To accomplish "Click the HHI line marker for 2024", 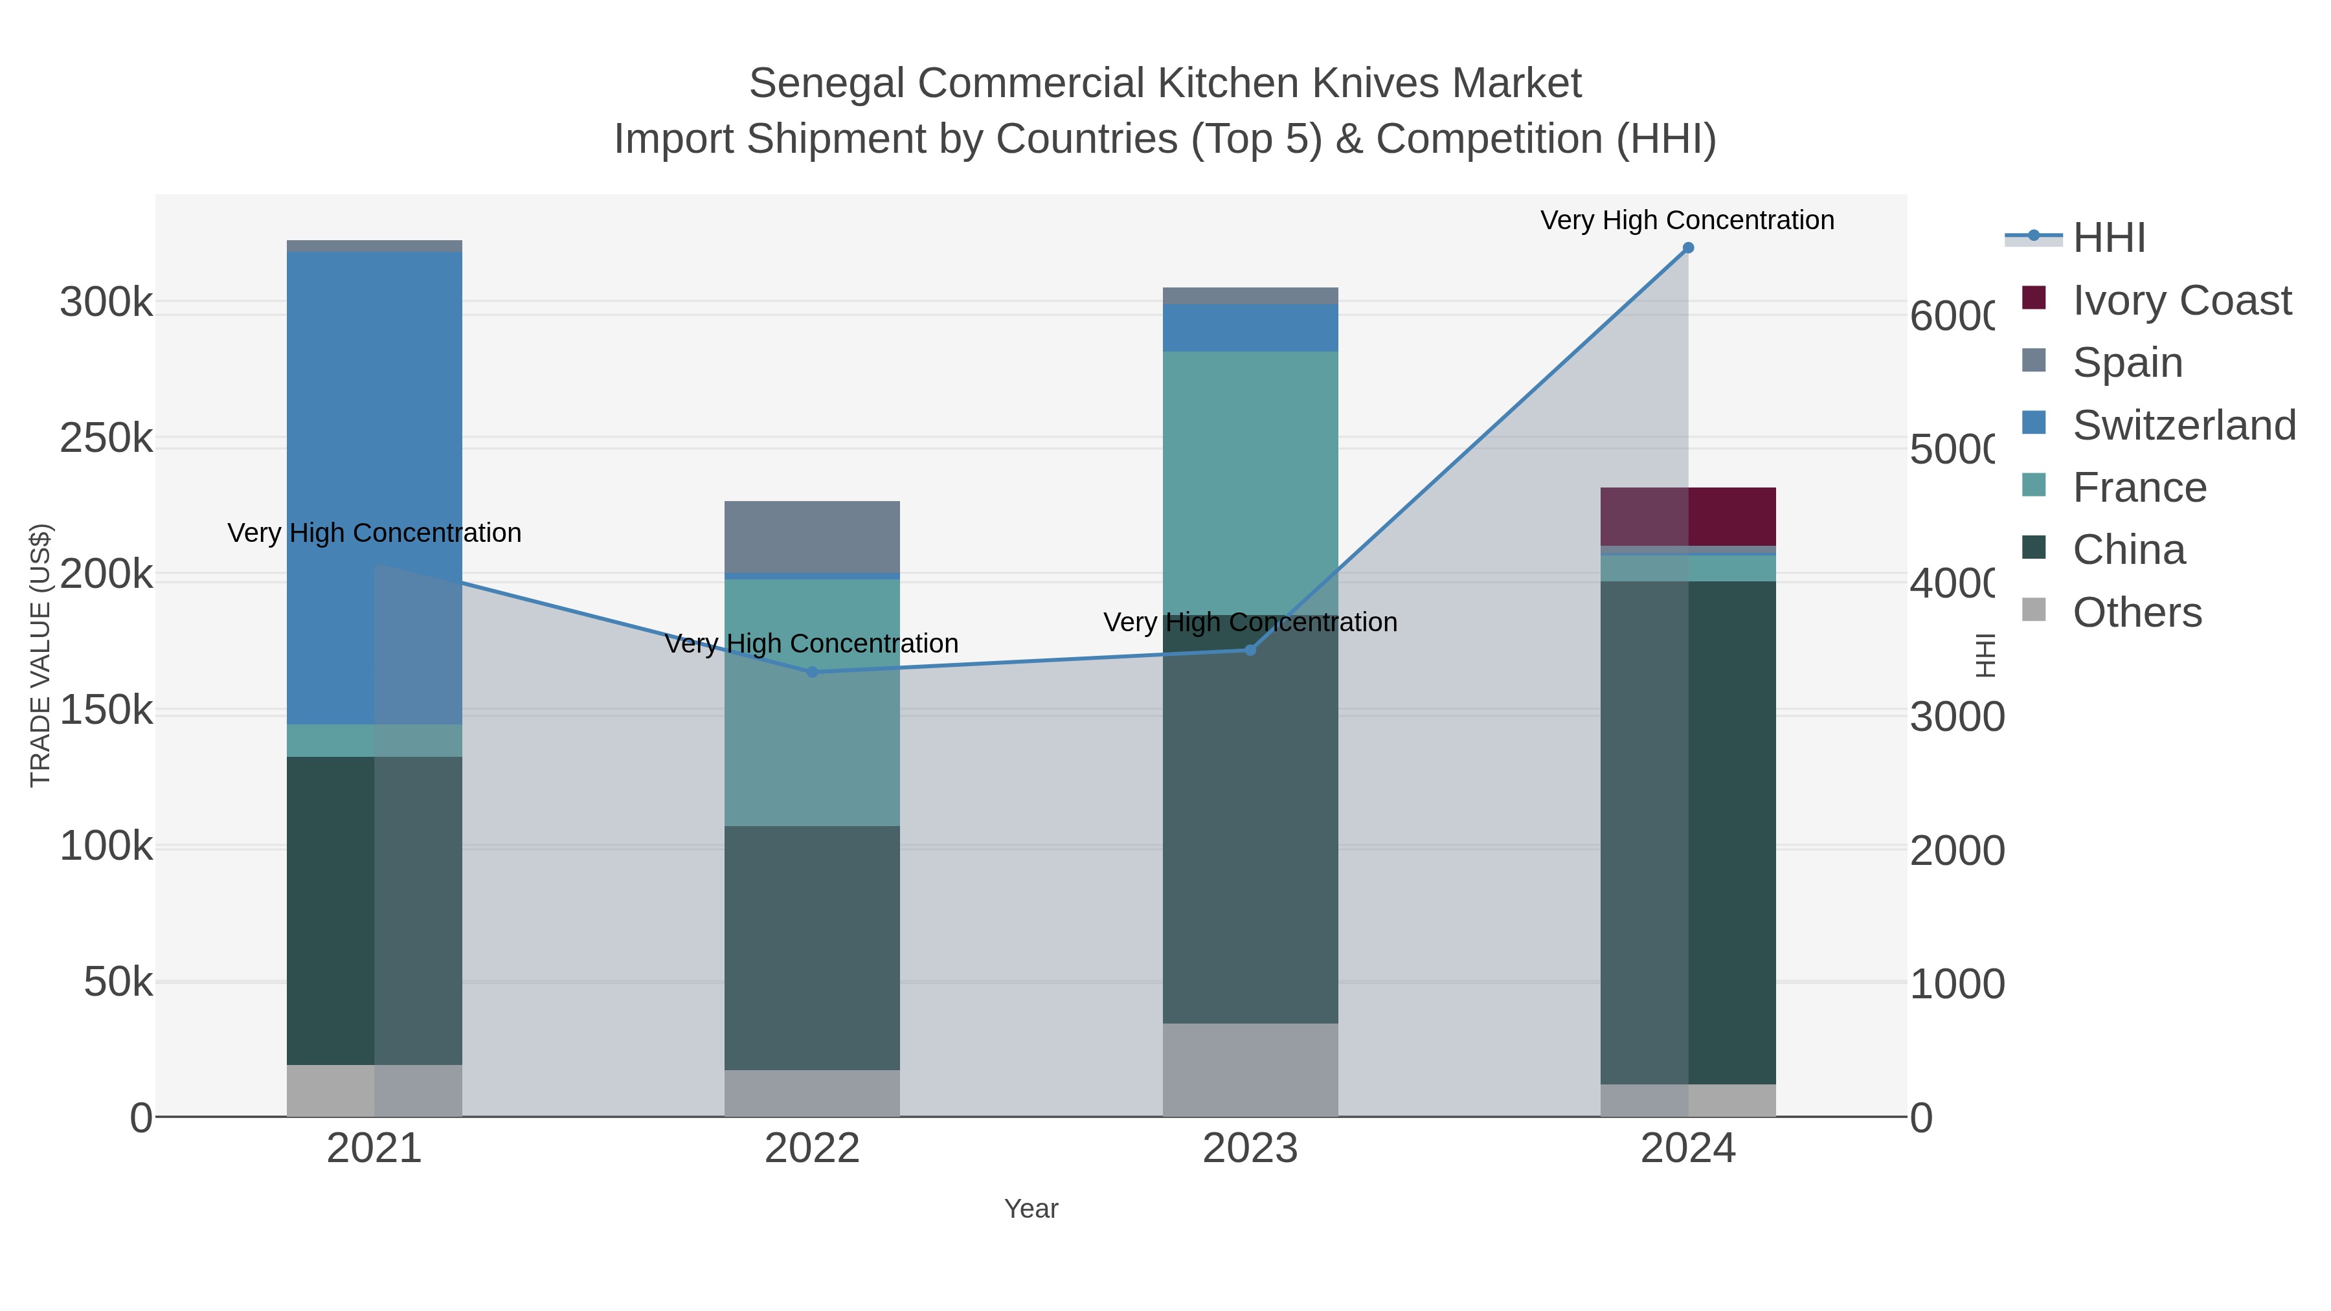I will pyautogui.click(x=1687, y=248).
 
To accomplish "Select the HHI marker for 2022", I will pyautogui.click(x=812, y=672).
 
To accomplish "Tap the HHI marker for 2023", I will pyautogui.click(x=1250, y=651).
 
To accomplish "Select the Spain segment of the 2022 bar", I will pyautogui.click(x=812, y=537).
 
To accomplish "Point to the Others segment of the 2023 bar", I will pyautogui.click(x=1250, y=1070).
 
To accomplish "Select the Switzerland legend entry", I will pyautogui.click(x=2183, y=425).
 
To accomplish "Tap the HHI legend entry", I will pyautogui.click(x=2108, y=238).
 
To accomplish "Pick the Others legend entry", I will pyautogui.click(x=2137, y=612).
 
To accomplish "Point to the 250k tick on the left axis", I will pyautogui.click(x=106, y=439).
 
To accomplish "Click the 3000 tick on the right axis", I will pyautogui.click(x=1956, y=717).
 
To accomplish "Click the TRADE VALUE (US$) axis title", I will pyautogui.click(x=41, y=655).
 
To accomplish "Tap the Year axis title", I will pyautogui.click(x=1031, y=1209).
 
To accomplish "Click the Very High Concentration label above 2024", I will pyautogui.click(x=1687, y=220).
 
